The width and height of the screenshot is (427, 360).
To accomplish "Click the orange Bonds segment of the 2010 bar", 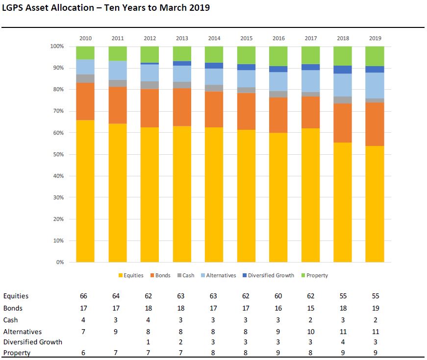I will [x=85, y=101].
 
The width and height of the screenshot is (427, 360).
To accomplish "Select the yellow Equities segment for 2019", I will [x=375, y=204].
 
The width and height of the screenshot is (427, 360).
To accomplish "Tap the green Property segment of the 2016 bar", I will [x=278, y=56].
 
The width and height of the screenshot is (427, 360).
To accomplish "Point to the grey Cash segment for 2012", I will [x=150, y=85].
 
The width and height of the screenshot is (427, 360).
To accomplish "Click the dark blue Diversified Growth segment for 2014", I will [x=214, y=65].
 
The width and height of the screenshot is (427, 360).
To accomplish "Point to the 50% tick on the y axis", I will [x=57, y=154].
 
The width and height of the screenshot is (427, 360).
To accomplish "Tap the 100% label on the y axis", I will [x=57, y=46].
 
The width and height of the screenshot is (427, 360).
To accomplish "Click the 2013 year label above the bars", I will [x=182, y=38].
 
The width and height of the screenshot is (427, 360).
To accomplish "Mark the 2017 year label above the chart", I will [x=310, y=38].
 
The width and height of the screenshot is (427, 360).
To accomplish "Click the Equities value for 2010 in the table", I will [x=84, y=296].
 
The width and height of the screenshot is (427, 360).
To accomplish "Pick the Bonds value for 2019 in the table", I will [x=376, y=308].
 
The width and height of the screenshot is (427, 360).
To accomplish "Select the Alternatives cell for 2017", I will [x=310, y=332].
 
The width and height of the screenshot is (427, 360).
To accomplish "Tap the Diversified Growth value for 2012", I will [x=150, y=342].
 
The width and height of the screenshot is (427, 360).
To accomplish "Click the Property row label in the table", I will [x=17, y=353].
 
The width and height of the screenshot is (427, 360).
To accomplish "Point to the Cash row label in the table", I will [x=11, y=320].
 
